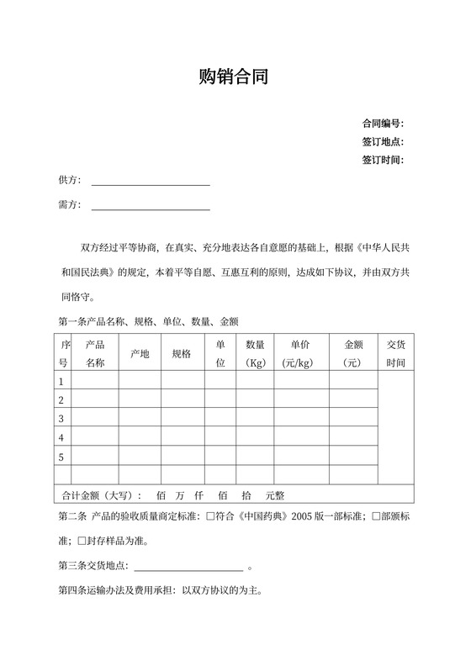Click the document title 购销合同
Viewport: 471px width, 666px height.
[235, 78]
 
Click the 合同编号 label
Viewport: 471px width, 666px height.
[383, 123]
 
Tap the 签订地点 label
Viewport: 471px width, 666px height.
[383, 141]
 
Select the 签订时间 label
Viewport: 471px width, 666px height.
[383, 160]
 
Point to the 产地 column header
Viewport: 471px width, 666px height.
[140, 354]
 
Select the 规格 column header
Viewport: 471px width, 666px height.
[182, 354]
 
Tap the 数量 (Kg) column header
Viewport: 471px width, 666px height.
[256, 354]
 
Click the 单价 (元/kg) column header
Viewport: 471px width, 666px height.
[300, 354]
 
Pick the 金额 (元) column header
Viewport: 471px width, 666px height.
[353, 354]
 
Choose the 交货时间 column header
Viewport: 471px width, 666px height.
[396, 354]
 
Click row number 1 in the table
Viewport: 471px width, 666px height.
[61, 382]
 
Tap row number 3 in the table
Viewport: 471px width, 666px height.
[61, 419]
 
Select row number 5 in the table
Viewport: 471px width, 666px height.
[61, 457]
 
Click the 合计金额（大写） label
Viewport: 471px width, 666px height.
[102, 496]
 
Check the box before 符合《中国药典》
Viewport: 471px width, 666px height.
[210, 517]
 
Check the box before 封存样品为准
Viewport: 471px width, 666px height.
[82, 542]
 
